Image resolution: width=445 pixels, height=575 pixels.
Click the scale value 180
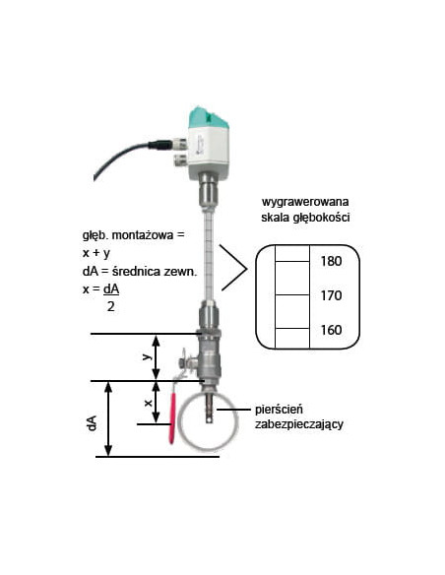coord(331,261)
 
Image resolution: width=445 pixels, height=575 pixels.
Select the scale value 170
coord(331,295)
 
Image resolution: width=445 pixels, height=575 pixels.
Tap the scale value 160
coord(331,330)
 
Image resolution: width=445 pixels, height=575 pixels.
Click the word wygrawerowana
coord(305,202)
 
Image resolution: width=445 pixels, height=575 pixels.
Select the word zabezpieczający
coord(299,424)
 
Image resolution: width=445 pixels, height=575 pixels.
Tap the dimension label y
coord(147,356)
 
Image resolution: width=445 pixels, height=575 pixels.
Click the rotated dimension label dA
coord(92,422)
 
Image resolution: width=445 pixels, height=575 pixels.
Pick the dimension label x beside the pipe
coord(148,403)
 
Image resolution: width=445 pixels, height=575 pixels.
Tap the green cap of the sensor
coord(208,117)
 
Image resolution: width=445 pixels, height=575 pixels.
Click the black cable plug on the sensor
coord(159,145)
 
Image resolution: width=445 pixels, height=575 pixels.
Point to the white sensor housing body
coord(208,151)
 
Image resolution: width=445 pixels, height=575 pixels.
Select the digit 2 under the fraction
coord(111,306)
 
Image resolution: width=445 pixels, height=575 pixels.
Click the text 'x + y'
coord(96,253)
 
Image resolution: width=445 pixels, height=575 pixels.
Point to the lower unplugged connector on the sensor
coord(180,160)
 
